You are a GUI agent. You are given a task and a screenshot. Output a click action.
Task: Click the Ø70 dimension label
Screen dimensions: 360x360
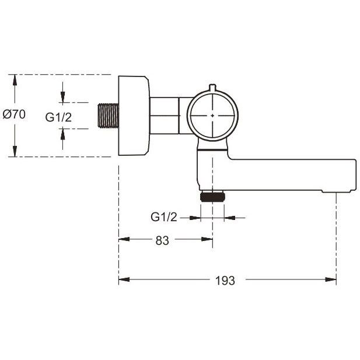tap(14, 114)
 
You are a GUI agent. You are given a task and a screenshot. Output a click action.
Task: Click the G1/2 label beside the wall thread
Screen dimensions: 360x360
tap(58, 117)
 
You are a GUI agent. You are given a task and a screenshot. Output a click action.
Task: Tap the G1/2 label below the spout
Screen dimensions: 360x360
tap(164, 216)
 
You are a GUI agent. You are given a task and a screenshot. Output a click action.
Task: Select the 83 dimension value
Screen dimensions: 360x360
tap(162, 240)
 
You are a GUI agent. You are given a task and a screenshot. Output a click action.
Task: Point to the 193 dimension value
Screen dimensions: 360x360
tap(225, 281)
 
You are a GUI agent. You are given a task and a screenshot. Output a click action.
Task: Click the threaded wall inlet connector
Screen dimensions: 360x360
tap(109, 116)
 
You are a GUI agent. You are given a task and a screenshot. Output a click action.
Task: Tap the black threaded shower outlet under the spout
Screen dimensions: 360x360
tap(212, 197)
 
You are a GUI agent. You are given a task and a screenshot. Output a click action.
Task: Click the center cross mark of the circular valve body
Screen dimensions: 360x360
tap(212, 116)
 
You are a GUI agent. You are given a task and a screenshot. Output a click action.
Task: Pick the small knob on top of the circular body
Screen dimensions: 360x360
tap(212, 88)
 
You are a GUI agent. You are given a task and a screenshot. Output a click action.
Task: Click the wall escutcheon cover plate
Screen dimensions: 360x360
tap(134, 116)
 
